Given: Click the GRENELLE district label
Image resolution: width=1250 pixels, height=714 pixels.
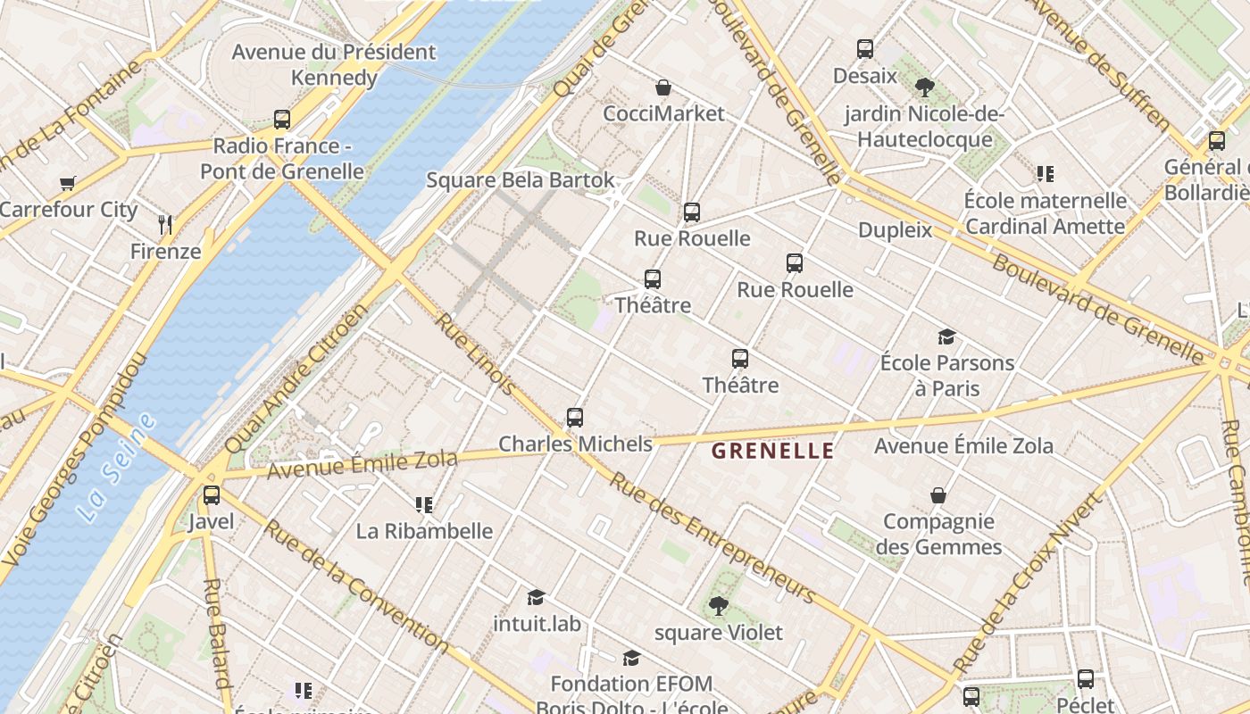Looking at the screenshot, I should (772, 452).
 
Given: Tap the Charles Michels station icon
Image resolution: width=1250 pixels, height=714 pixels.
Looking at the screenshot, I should (575, 418).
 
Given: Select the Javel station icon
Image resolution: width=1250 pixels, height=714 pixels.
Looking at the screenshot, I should (212, 495).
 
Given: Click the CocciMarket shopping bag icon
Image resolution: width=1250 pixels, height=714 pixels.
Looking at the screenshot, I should (663, 87).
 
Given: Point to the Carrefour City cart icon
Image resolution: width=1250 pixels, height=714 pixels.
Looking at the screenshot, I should (68, 184).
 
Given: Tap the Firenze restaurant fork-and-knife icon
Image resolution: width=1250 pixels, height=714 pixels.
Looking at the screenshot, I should (164, 224).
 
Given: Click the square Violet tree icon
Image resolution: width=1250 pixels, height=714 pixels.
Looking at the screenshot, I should (718, 607).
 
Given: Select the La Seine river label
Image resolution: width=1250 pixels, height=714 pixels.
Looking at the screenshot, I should (116, 468).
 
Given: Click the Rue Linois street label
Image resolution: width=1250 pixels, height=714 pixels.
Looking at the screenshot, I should (474, 353).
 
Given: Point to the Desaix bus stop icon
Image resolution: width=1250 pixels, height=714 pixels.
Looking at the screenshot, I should (864, 49).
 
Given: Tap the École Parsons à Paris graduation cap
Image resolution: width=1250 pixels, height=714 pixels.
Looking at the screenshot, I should (946, 336).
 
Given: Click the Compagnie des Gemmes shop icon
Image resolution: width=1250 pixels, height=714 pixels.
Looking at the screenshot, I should (938, 495).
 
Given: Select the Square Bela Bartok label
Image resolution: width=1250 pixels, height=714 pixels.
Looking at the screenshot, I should (521, 180).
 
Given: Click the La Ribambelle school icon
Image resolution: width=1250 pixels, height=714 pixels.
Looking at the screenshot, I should (424, 505).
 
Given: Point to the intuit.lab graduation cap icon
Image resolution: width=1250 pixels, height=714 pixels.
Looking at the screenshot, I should (536, 597).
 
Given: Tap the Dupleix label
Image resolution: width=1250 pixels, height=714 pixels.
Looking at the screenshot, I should (895, 230).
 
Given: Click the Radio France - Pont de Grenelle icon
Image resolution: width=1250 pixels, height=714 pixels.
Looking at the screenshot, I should (282, 119).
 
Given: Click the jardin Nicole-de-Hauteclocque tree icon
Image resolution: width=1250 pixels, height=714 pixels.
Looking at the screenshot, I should (925, 87).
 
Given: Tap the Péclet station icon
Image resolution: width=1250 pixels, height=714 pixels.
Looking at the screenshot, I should (1086, 679).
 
